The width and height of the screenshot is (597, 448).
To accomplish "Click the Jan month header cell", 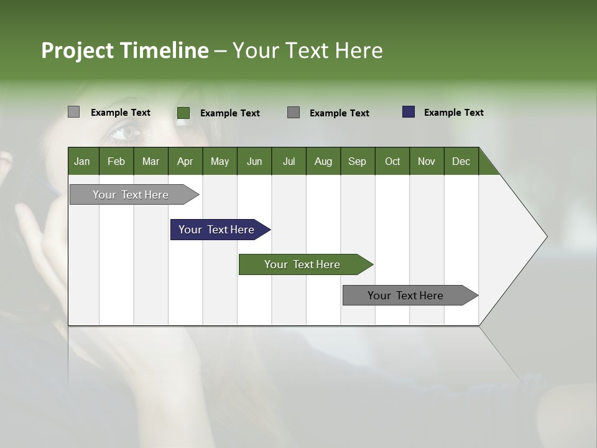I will tap(83, 161).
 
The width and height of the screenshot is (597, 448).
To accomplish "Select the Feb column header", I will tap(116, 161).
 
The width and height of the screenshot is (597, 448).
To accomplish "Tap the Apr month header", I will tap(185, 161).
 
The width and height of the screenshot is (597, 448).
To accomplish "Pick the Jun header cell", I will tap(254, 161).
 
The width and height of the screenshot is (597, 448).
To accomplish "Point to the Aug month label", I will tap(323, 161).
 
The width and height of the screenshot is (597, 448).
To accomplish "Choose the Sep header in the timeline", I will tap(357, 161).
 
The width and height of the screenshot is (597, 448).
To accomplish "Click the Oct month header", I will tap(392, 161).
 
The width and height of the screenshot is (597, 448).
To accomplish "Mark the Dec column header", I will tap(461, 161).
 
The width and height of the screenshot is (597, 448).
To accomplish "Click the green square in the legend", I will tap(183, 113).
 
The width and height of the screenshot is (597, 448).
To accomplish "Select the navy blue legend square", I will tap(409, 112).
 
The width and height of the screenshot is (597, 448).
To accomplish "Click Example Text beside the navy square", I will tap(453, 113).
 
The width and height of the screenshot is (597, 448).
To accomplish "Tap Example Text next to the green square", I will tap(229, 113).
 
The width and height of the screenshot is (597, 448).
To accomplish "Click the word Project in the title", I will tap(77, 50).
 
